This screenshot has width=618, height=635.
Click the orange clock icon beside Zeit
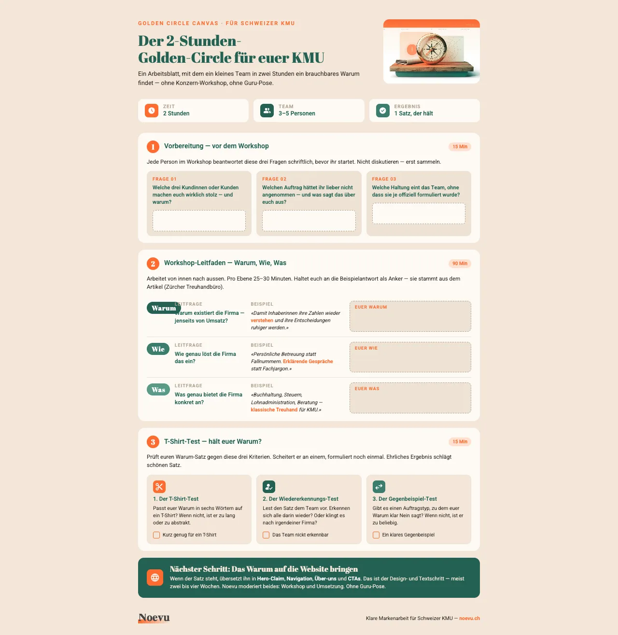[x=152, y=111]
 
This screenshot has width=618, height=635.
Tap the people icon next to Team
[x=267, y=111]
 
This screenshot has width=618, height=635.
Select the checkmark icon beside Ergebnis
[x=383, y=111]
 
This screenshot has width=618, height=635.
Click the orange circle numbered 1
[x=153, y=146]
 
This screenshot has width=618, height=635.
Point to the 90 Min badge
[x=460, y=263]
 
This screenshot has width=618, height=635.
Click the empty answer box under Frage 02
[x=309, y=221]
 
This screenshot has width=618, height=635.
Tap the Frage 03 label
[x=384, y=179]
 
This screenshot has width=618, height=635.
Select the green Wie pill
[x=158, y=349]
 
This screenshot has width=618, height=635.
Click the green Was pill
[x=158, y=389]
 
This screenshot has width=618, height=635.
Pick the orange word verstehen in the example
[x=262, y=321]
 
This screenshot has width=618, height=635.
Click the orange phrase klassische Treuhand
[x=274, y=409]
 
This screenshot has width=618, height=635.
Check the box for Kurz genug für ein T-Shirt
[x=156, y=535]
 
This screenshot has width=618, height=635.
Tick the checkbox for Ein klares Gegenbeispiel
[x=376, y=535]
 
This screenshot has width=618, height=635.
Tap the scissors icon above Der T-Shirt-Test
[x=159, y=487]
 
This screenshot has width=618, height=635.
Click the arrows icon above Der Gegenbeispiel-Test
[x=379, y=487]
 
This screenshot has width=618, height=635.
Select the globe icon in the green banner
[x=155, y=577]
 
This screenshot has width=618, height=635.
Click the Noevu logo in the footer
[x=154, y=618]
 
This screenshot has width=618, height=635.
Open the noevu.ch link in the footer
[x=469, y=618]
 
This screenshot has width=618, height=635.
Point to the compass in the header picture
[x=432, y=49]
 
